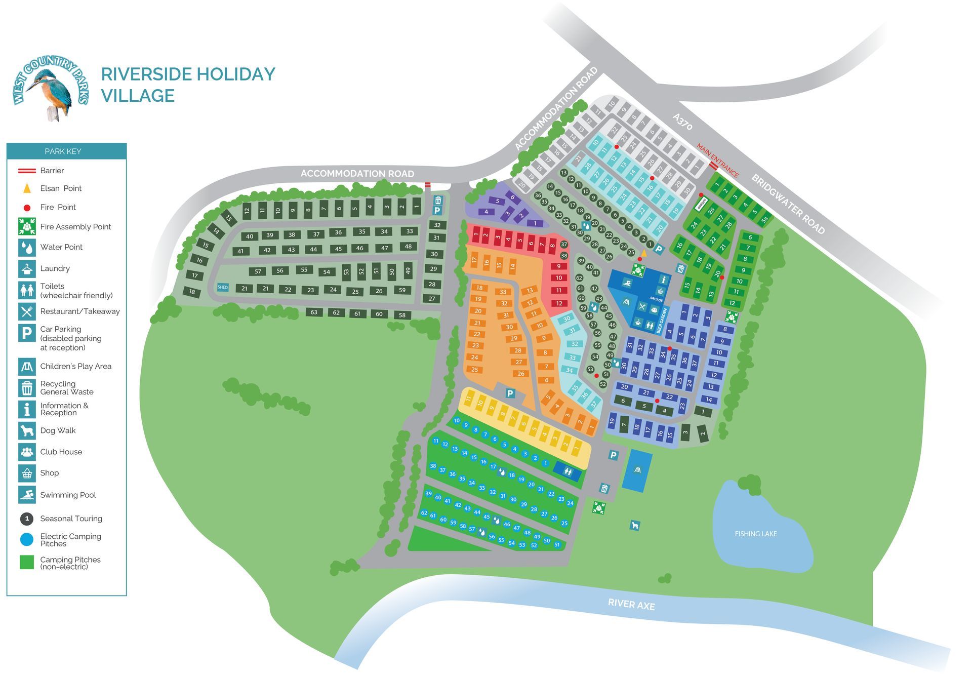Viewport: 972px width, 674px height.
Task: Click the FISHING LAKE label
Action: point(755,534)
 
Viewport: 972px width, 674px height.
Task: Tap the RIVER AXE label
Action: point(631,604)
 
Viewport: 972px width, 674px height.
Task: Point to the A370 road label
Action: point(682,122)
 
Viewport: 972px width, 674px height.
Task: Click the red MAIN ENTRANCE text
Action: point(717,160)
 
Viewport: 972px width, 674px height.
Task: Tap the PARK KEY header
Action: point(63,151)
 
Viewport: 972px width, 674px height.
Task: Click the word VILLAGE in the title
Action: point(138,96)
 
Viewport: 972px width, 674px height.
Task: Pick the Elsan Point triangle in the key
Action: point(27,188)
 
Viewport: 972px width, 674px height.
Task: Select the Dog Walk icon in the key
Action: point(27,430)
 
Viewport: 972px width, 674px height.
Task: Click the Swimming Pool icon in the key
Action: point(27,495)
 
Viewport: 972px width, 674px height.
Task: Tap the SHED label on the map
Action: point(223,287)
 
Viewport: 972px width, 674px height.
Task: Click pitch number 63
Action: point(314,312)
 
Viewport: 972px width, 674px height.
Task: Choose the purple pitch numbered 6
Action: point(512,197)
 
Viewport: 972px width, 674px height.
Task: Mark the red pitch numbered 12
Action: point(559,303)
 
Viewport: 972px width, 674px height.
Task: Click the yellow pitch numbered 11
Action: point(469,399)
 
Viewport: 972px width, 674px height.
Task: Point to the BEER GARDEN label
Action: point(659,321)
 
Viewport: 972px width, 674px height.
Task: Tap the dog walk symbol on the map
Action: point(634,525)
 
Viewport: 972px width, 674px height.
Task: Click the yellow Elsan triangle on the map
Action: point(643,253)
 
